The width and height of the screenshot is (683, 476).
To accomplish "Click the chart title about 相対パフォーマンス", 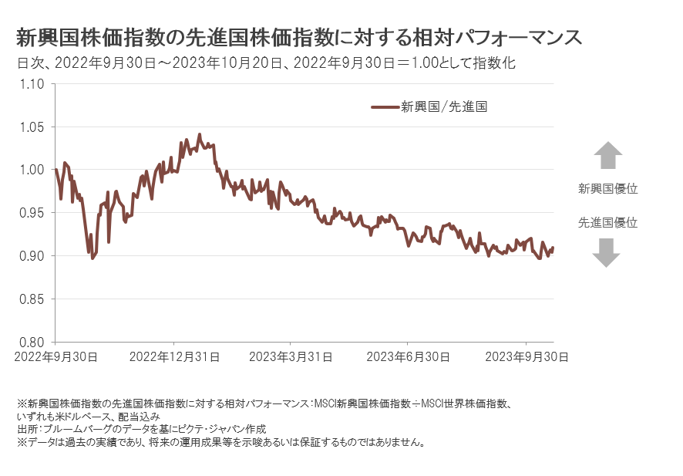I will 298,38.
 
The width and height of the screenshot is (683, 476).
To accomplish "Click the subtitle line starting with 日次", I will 266,64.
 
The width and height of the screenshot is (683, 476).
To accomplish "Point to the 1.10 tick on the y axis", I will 33,84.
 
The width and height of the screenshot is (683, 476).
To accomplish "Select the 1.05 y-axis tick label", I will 33,127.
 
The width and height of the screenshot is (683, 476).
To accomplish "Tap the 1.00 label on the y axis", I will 33,170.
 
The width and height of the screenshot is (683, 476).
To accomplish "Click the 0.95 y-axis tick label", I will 33,213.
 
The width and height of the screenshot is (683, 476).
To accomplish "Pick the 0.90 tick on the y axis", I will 33,255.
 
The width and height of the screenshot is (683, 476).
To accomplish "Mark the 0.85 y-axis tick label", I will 33,299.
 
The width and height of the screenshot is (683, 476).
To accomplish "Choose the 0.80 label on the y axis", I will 33,342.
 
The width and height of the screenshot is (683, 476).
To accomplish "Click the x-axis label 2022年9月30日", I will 55,357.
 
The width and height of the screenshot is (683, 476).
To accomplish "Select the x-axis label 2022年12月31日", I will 174,357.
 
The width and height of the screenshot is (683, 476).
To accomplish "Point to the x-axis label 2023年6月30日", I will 408,357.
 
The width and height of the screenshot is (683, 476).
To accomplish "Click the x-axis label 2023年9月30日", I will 526,357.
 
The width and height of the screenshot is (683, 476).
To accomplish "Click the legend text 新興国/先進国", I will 444,107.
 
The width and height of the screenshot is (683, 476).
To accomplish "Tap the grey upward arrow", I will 607,155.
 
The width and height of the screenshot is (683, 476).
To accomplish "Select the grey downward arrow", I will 607,252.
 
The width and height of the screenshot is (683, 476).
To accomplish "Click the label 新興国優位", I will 607,188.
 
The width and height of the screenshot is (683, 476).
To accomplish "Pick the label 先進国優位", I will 607,222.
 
